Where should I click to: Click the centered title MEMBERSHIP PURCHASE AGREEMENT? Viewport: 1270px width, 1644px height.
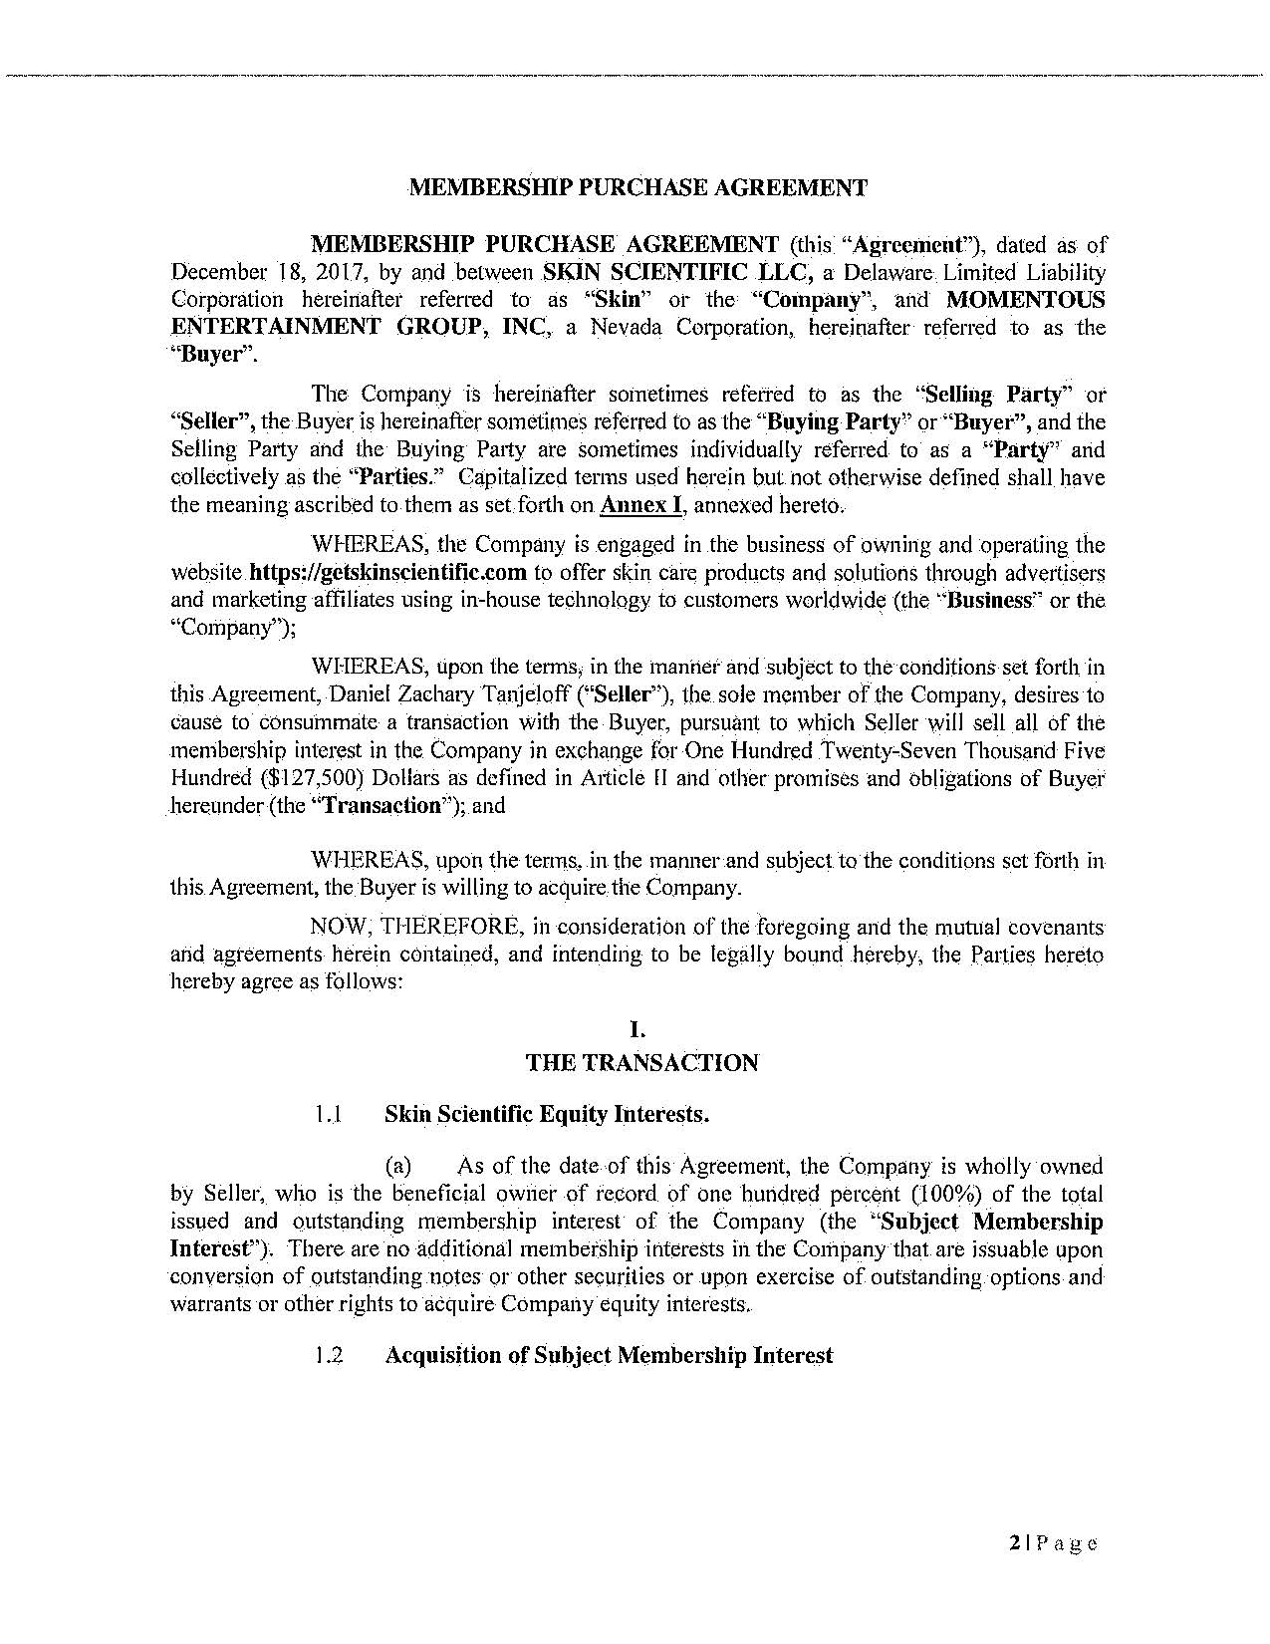[638, 187]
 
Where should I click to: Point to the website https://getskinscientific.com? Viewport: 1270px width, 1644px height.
[387, 573]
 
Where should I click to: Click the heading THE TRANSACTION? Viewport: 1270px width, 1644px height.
[641, 1063]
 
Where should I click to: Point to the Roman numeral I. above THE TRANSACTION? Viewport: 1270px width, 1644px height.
[641, 1034]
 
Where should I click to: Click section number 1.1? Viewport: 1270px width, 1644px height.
[328, 1115]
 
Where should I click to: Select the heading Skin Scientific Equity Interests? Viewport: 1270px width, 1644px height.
[547, 1115]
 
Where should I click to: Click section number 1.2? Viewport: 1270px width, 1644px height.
[328, 1356]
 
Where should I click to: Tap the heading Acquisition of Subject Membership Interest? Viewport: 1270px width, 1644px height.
[609, 1356]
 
